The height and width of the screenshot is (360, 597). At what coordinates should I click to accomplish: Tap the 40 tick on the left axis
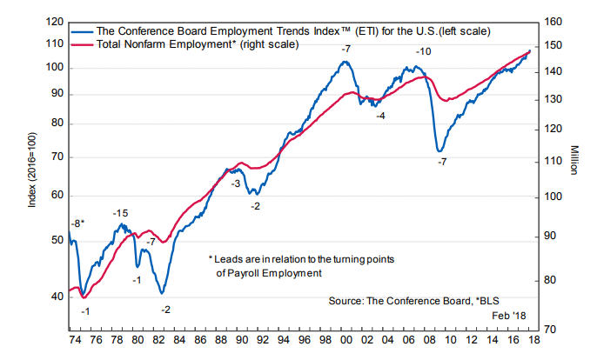pyautogui.click(x=56, y=297)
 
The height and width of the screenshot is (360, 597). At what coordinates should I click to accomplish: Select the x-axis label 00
pyautogui.click(x=346, y=340)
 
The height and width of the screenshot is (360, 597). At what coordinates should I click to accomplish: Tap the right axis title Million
pyautogui.click(x=575, y=160)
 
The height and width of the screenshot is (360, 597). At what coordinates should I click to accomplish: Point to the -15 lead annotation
pyautogui.click(x=121, y=214)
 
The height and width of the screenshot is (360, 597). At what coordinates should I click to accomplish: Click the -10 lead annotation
pyautogui.click(x=424, y=52)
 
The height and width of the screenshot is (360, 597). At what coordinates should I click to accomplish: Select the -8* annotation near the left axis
pyautogui.click(x=77, y=224)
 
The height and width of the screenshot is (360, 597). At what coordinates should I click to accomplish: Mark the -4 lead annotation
pyautogui.click(x=380, y=116)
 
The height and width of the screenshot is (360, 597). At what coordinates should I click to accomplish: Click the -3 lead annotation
pyautogui.click(x=235, y=184)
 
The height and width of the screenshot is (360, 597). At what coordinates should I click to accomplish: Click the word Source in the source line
pyautogui.click(x=346, y=300)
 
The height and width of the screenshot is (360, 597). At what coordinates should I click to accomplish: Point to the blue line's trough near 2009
pyautogui.click(x=440, y=151)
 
